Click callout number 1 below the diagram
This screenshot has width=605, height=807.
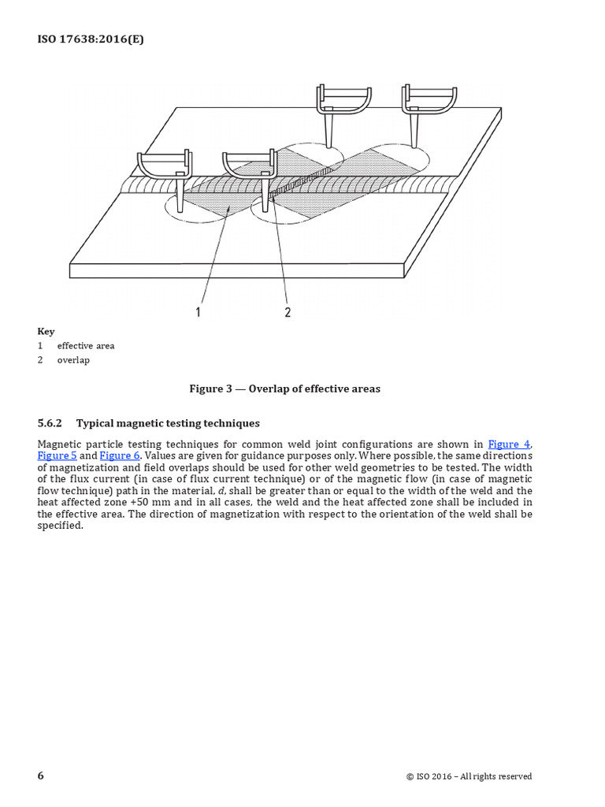pos(199,312)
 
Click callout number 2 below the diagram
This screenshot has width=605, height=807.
pos(288,312)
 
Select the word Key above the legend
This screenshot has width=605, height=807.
pos(46,332)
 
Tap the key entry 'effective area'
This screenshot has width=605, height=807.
pos(85,346)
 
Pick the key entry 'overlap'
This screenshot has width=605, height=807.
pos(73,360)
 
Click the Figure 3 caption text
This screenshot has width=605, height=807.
pos(284,389)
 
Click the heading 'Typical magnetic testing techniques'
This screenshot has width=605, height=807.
pos(167,423)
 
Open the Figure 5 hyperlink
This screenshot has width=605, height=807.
pos(57,456)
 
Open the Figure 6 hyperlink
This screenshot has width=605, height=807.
pos(119,456)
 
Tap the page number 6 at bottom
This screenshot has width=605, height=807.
pos(41,775)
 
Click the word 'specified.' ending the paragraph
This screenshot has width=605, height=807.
pos(60,525)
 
